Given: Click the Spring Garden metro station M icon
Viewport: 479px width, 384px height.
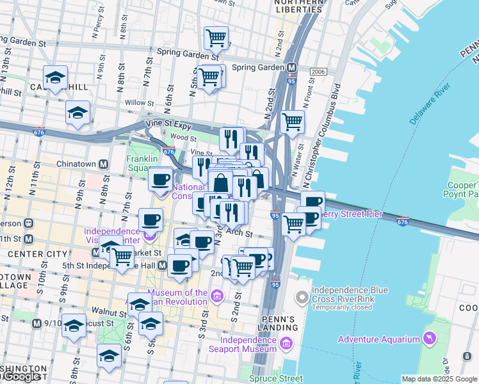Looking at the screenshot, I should pyautogui.click(x=291, y=67).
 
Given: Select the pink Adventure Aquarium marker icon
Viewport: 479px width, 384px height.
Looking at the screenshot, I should pyautogui.click(x=429, y=339).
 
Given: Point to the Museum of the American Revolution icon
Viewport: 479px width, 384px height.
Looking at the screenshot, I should pyautogui.click(x=216, y=296).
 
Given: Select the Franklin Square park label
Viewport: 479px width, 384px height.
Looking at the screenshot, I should pyautogui.click(x=141, y=163).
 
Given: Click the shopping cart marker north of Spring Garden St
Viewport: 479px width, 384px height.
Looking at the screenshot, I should pyautogui.click(x=216, y=38).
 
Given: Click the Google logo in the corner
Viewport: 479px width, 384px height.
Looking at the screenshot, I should pyautogui.click(x=20, y=377).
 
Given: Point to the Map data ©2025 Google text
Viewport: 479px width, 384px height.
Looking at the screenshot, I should pyautogui.click(x=439, y=379).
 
